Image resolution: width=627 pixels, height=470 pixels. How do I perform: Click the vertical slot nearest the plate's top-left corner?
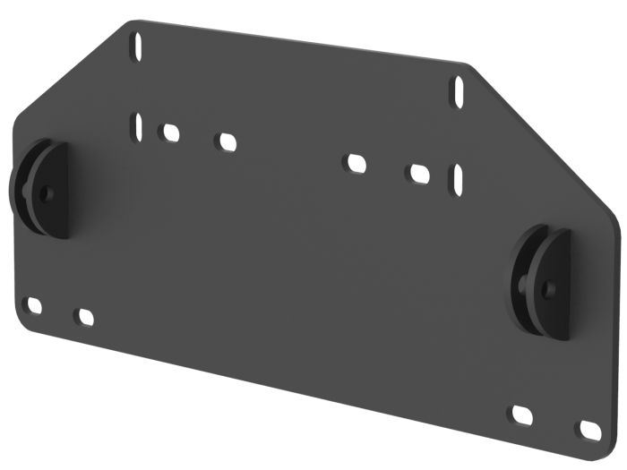click(138, 43)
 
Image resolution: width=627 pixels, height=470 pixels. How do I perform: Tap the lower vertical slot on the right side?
click(457, 178)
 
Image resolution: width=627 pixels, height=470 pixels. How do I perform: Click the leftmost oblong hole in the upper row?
click(169, 132)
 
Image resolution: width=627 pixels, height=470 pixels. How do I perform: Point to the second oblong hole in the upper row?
click(226, 141)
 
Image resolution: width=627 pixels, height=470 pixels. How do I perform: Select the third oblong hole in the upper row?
click(356, 164)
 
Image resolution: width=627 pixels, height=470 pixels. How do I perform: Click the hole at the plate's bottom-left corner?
click(33, 306)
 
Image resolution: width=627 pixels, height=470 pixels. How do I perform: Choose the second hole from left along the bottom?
click(85, 317)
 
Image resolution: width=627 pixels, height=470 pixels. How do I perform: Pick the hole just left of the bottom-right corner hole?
click(521, 415)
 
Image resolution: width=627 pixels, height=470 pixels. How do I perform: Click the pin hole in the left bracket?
click(47, 192)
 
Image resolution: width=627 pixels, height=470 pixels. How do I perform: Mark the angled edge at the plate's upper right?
click(546, 134)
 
